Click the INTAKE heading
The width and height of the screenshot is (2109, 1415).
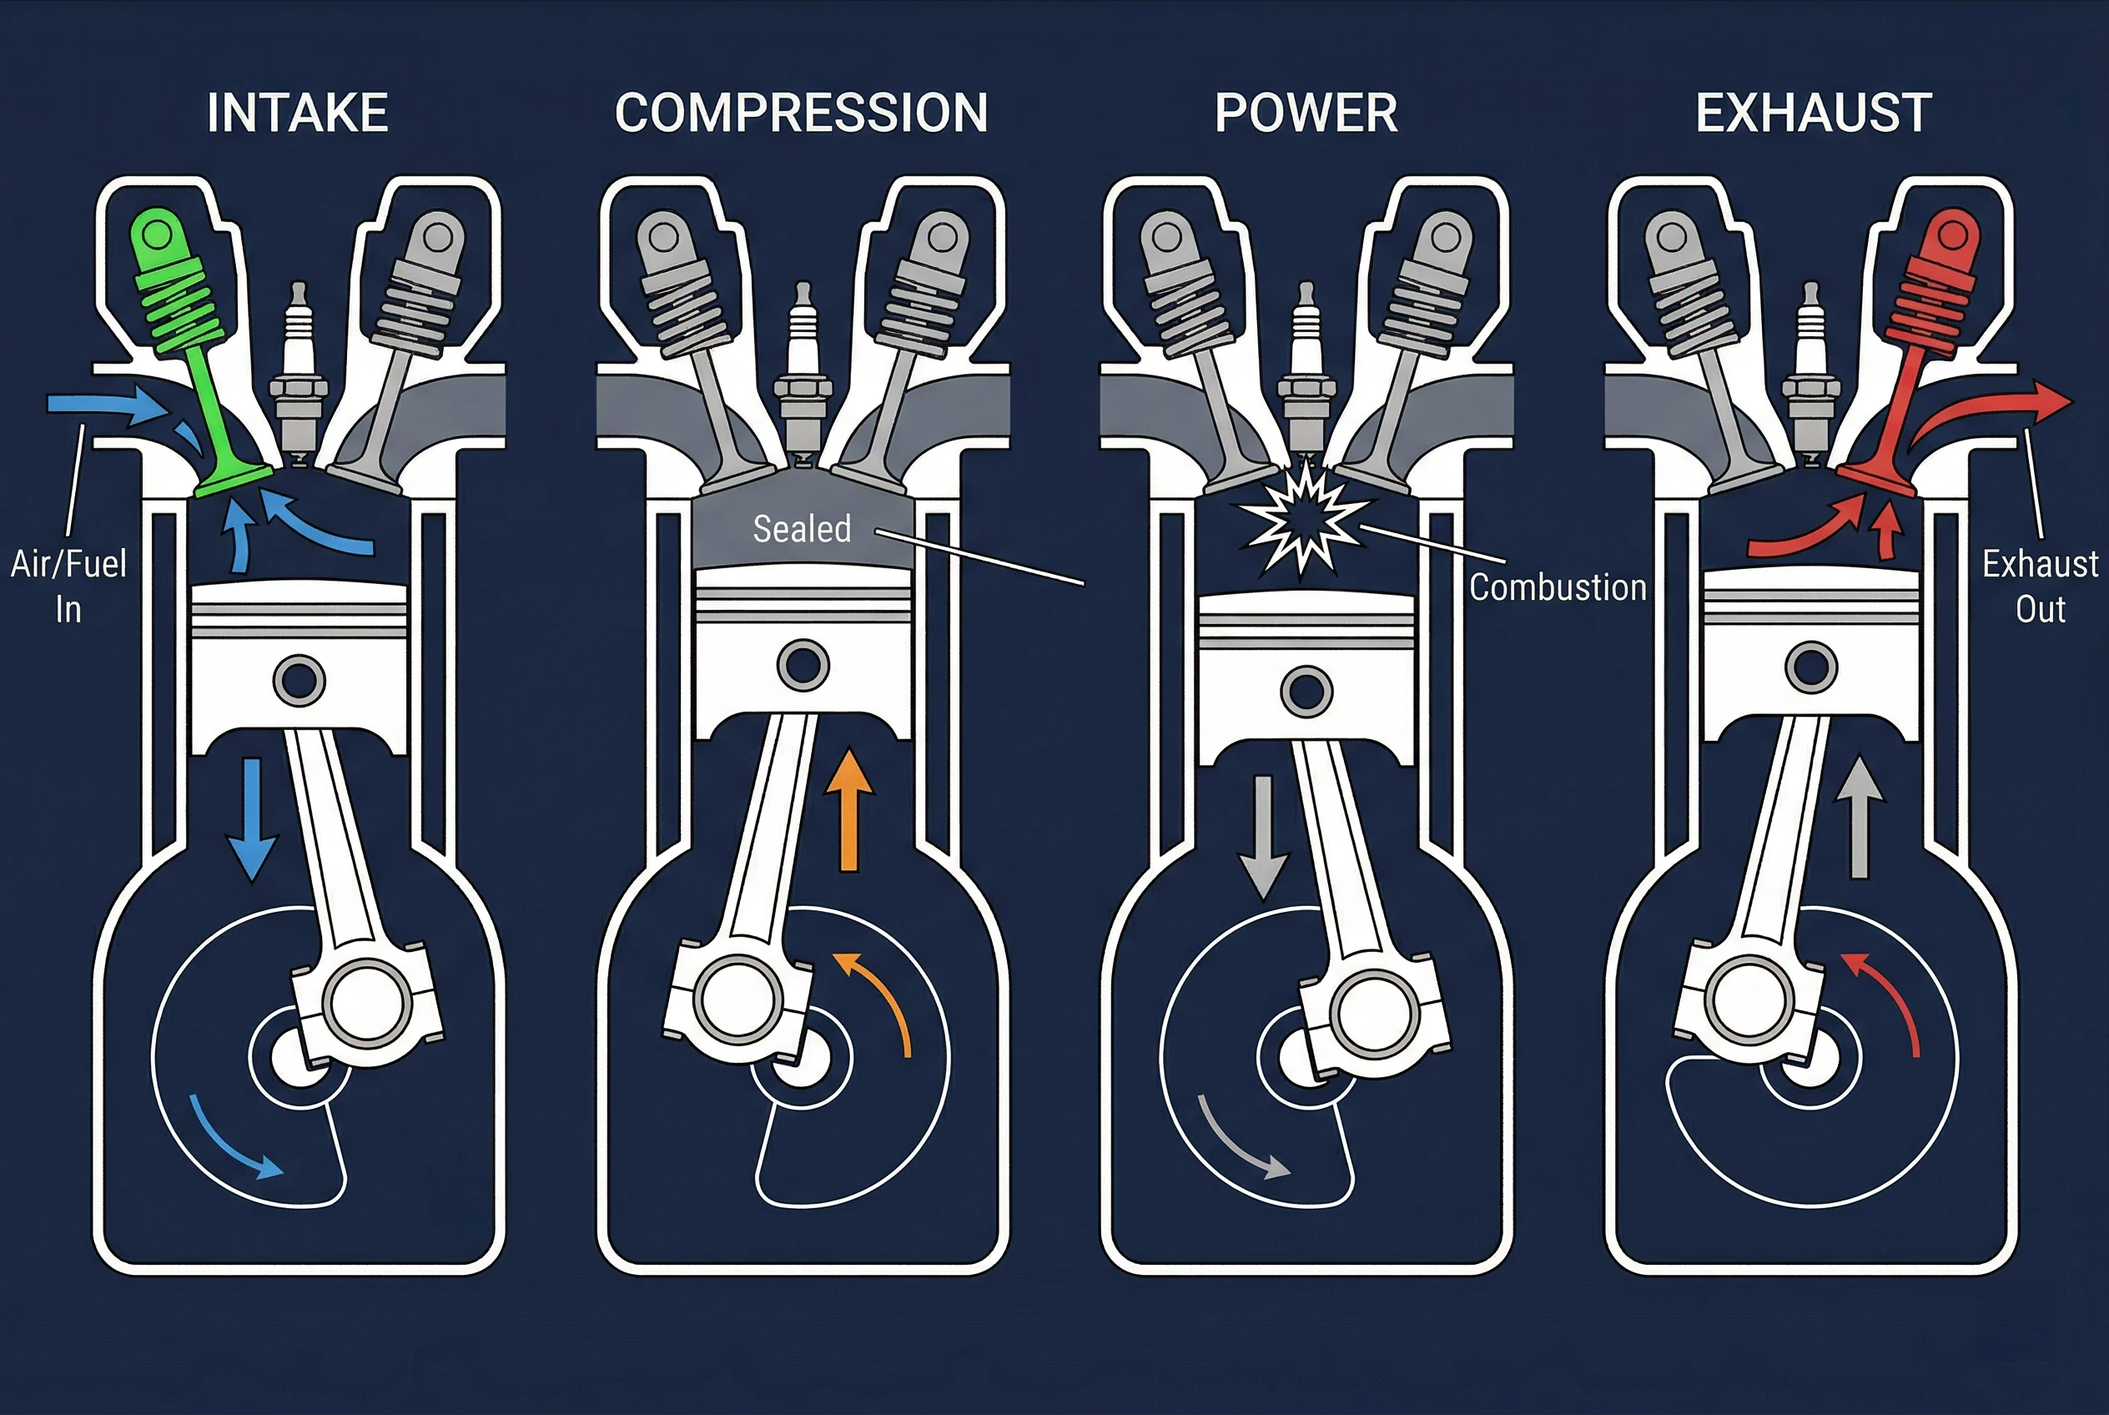click(298, 113)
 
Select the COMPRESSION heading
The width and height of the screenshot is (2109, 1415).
click(802, 113)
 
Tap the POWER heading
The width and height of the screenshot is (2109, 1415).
click(1306, 113)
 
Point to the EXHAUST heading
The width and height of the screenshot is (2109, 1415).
click(1814, 113)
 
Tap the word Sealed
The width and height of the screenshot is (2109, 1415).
click(803, 529)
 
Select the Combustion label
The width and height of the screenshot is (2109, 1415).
click(1558, 587)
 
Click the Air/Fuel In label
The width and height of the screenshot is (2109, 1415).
click(68, 587)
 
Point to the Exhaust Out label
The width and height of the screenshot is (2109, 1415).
click(2041, 587)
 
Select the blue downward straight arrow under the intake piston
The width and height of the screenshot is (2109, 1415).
click(252, 819)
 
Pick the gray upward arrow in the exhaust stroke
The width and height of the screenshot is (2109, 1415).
click(1859, 818)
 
